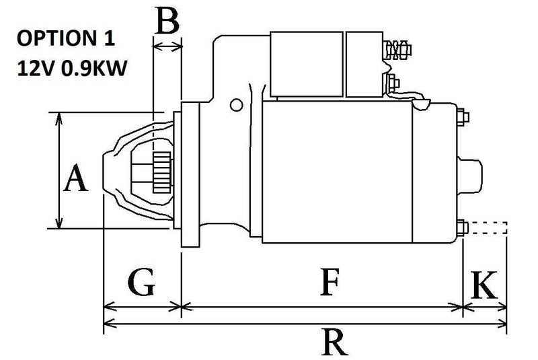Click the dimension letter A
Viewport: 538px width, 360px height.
(75, 180)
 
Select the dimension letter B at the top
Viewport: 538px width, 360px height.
(167, 21)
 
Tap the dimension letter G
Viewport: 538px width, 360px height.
(141, 283)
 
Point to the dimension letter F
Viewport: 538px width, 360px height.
(328, 283)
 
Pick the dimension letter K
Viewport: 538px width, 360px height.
(486, 285)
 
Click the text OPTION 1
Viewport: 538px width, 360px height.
(65, 37)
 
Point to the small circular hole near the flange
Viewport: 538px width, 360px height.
(236, 105)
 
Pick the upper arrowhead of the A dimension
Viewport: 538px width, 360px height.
(61, 118)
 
